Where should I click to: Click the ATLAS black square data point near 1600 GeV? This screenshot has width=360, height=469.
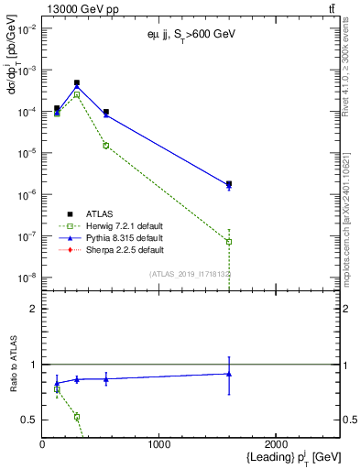point(229,184)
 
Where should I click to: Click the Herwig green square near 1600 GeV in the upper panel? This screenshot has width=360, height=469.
point(229,242)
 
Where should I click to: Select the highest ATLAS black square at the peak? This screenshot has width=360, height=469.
point(77,82)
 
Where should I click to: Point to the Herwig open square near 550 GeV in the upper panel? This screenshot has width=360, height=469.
point(106,145)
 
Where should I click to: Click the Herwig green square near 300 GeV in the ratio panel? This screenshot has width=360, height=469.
point(77,417)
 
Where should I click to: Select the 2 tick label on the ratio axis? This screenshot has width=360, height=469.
point(33,309)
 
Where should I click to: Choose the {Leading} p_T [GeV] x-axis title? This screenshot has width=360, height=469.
point(281,457)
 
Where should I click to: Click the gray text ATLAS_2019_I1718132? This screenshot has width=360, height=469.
point(190,274)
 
